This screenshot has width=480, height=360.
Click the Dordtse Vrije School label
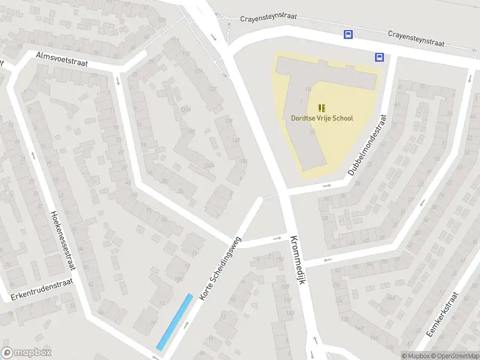(322, 118)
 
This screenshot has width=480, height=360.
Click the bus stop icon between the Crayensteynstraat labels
(348, 34)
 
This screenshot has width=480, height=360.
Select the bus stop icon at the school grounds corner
(379, 57)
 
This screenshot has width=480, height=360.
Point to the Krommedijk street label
(298, 259)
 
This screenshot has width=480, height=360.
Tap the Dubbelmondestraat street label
(368, 146)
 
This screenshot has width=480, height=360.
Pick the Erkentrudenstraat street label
(41, 289)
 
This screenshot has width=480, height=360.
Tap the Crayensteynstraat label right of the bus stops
(416, 39)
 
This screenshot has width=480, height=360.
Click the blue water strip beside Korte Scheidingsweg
(175, 322)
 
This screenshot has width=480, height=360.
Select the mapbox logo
(26, 353)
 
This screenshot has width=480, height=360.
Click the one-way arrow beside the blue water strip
(187, 325)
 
